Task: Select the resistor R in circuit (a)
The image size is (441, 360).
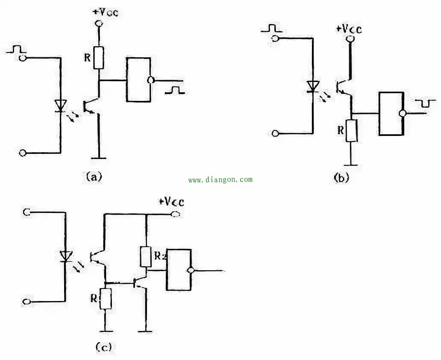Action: (99, 58)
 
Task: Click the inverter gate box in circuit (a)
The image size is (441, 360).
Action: (138, 80)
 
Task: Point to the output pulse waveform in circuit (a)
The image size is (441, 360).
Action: (175, 90)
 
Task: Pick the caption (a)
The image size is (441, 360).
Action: (94, 176)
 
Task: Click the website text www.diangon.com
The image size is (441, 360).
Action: (220, 180)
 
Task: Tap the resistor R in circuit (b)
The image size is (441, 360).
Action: (351, 131)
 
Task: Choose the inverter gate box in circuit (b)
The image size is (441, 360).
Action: (391, 114)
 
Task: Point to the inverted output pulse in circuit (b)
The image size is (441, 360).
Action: (426, 103)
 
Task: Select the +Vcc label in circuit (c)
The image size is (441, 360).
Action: (171, 202)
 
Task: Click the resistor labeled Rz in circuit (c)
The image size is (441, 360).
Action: (146, 257)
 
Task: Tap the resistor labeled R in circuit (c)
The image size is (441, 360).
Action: (106, 298)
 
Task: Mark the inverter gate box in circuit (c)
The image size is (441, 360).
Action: (179, 270)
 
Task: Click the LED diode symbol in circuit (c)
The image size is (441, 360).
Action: (65, 256)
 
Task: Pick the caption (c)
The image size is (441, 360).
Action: (103, 347)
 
